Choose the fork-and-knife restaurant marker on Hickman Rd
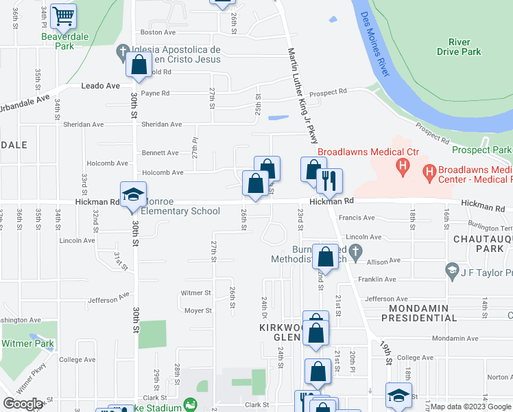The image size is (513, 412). pos(329,181)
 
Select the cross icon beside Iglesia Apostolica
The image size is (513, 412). pos(122,51)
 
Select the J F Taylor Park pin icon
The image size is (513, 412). pos(451,269)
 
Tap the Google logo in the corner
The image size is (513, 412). pos(23,404)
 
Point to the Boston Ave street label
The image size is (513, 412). pos(158,32)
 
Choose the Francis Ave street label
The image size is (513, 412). pos(359,218)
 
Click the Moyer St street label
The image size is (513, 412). pos(198,310)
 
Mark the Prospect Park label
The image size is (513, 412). pos(482,150)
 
